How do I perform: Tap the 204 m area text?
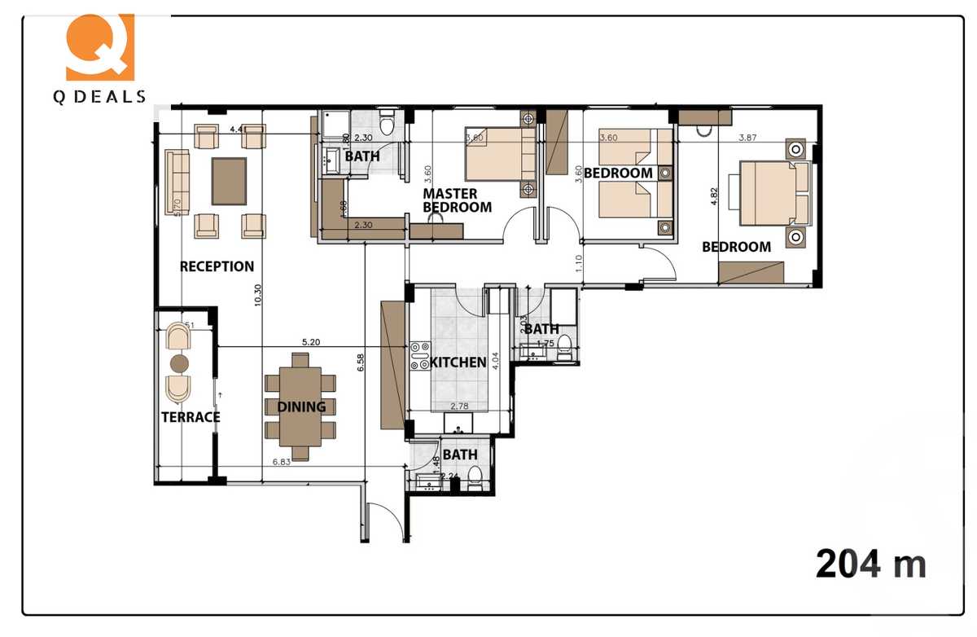coord(870,563)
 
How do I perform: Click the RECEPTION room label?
coord(217,266)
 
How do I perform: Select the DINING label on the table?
coord(301,406)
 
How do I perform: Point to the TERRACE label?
coord(191,417)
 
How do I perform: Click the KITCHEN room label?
coord(458,362)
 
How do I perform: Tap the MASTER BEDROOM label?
coord(457,200)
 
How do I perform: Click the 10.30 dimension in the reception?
coord(258,294)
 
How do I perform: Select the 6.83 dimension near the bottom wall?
coord(281,462)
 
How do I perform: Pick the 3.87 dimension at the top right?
coord(748,138)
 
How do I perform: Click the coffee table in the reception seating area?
coord(230,181)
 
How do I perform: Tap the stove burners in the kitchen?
coord(419,357)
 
